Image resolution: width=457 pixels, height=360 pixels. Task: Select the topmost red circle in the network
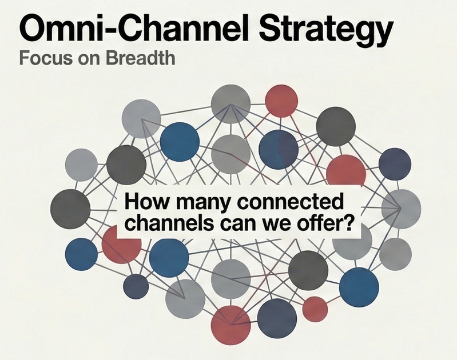coord(281,101)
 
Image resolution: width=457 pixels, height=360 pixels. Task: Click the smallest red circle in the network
coord(315,309)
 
